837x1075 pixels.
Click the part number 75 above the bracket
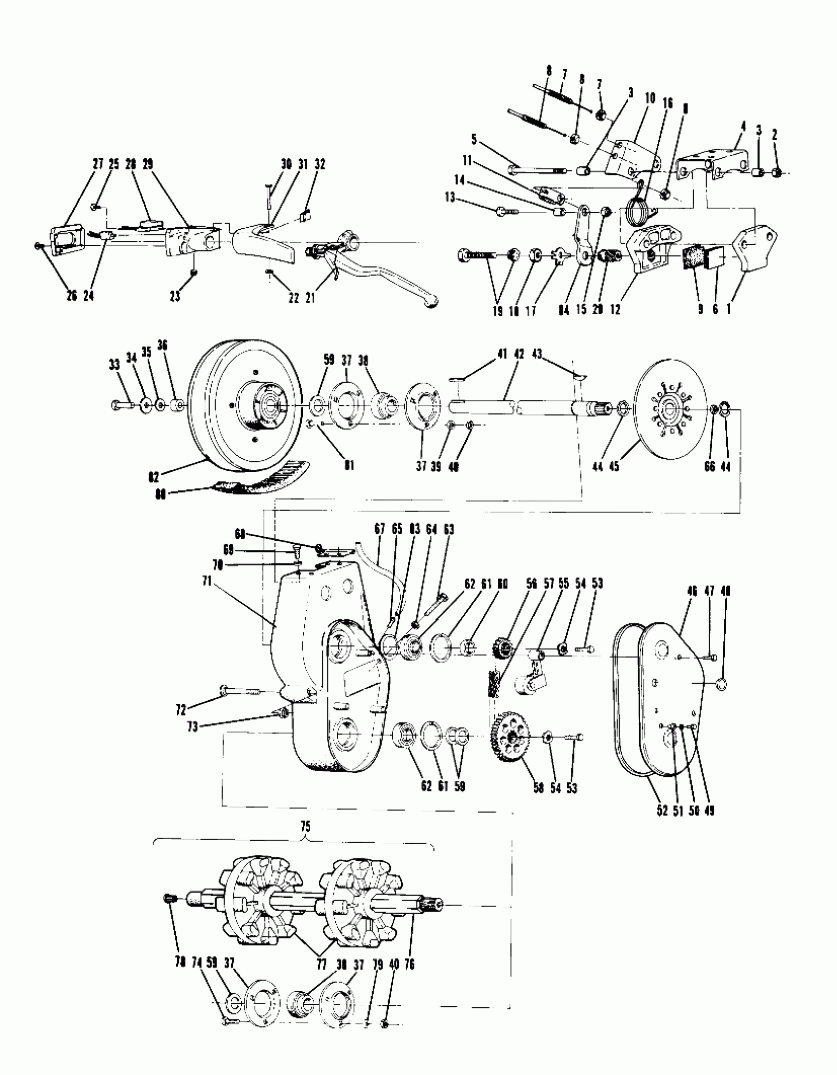[305, 827]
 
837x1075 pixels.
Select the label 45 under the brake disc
[614, 466]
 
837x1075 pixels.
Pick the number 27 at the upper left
[98, 164]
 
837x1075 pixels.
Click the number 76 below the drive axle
[410, 964]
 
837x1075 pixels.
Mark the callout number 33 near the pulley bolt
[114, 365]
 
